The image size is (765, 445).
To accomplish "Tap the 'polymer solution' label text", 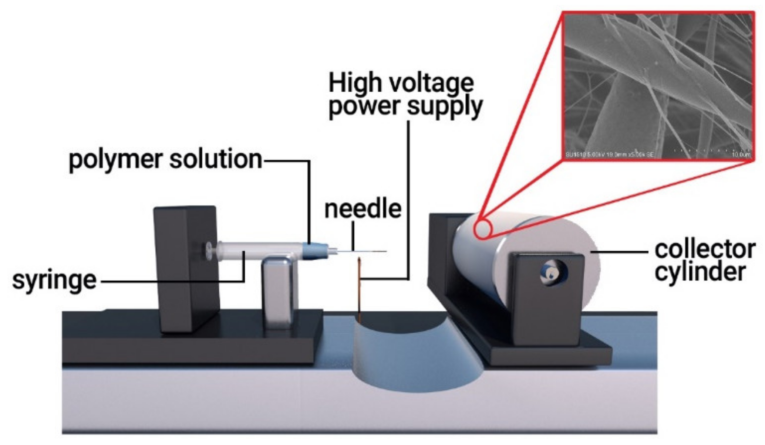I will point(165,160).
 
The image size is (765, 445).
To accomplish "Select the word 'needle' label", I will point(363,209).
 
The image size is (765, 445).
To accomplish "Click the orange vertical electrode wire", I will point(359,288).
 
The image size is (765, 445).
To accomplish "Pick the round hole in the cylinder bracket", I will point(553,273).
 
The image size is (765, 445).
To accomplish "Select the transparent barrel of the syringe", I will point(259,251).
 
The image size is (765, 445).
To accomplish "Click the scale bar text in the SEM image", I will point(741,154).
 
